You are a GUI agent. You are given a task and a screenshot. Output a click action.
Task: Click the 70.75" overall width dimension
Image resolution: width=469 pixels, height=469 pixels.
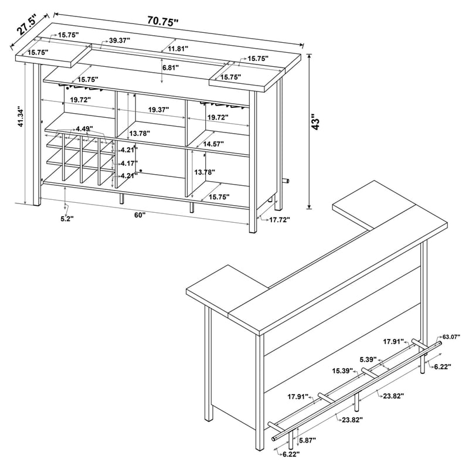[163, 21]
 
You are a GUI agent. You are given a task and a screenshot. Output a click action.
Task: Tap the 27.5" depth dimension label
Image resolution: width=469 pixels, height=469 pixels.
[26, 25]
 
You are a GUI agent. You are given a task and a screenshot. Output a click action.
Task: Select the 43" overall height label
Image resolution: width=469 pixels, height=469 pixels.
[315, 121]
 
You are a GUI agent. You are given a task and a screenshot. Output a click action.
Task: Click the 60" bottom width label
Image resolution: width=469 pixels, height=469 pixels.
[140, 215]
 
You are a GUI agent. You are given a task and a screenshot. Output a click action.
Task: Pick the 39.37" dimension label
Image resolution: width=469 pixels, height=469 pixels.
[120, 40]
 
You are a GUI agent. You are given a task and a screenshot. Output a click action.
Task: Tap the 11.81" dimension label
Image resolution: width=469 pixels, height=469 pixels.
[178, 49]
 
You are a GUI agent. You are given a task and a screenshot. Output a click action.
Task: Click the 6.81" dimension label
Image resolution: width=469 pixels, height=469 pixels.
[171, 67]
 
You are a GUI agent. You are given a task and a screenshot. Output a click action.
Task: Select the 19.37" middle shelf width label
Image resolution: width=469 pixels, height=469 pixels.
[158, 110]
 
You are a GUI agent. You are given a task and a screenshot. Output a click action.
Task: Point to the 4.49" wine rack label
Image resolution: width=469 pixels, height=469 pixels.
[84, 129]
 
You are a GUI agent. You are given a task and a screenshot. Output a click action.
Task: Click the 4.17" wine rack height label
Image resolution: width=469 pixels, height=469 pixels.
[128, 164]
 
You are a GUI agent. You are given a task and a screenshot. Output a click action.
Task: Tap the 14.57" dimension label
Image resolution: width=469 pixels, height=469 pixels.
[213, 144]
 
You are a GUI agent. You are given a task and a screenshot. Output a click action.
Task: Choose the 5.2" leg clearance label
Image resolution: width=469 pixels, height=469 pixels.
[67, 219]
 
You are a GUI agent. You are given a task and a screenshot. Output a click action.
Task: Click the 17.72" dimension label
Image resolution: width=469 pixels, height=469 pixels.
[280, 220]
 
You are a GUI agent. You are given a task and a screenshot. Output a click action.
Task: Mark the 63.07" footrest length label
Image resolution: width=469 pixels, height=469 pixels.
[451, 337]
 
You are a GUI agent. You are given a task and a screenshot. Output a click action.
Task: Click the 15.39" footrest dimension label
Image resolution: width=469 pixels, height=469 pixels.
[342, 371]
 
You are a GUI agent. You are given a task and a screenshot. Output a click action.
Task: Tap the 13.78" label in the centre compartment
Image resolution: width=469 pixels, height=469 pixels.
[139, 134]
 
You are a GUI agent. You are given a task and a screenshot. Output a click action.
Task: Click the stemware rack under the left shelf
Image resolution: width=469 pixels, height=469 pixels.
[80, 87]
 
